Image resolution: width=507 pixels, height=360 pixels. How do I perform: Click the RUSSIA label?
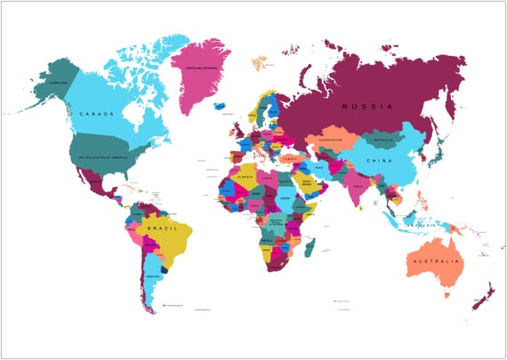(x=366, y=108)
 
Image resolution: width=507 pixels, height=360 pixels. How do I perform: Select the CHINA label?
(x=380, y=160)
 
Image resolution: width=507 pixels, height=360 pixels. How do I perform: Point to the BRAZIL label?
(x=166, y=230)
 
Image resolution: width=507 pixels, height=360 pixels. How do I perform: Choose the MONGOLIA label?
(x=382, y=140)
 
